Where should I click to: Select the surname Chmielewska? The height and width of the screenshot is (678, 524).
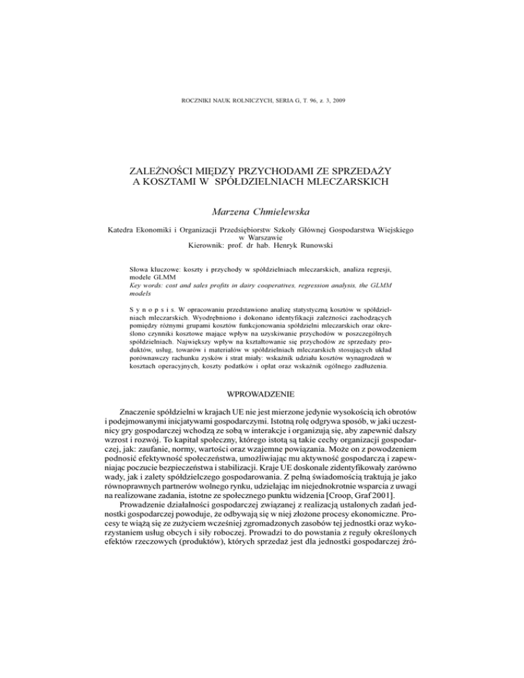tap(288, 212)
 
